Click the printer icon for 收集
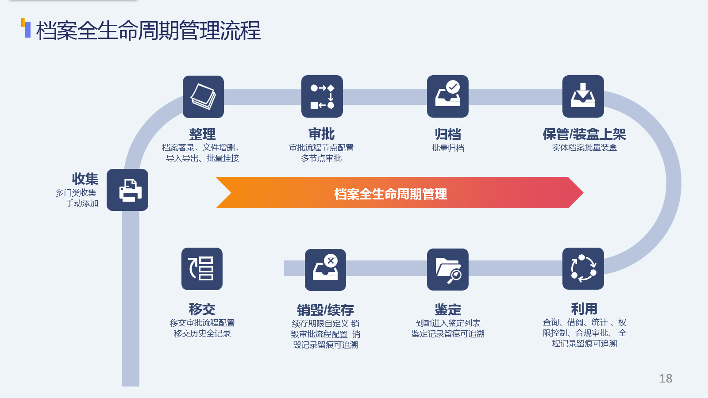click(127, 190)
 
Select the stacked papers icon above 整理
click(203, 97)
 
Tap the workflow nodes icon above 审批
click(322, 96)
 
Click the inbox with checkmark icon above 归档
click(447, 96)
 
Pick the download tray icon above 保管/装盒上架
click(583, 96)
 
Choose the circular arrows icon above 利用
click(583, 268)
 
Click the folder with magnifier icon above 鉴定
click(447, 269)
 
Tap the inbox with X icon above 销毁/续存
click(325, 270)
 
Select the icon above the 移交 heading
click(202, 269)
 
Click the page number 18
click(666, 379)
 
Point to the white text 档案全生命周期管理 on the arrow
click(391, 194)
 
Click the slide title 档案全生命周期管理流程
click(149, 31)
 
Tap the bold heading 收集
click(85, 179)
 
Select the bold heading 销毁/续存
click(325, 310)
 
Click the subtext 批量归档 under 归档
click(448, 148)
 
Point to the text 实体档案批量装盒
click(585, 148)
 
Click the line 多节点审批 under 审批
click(321, 158)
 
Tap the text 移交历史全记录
click(202, 333)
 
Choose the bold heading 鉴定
click(448, 309)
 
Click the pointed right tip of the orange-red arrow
click(583, 193)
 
